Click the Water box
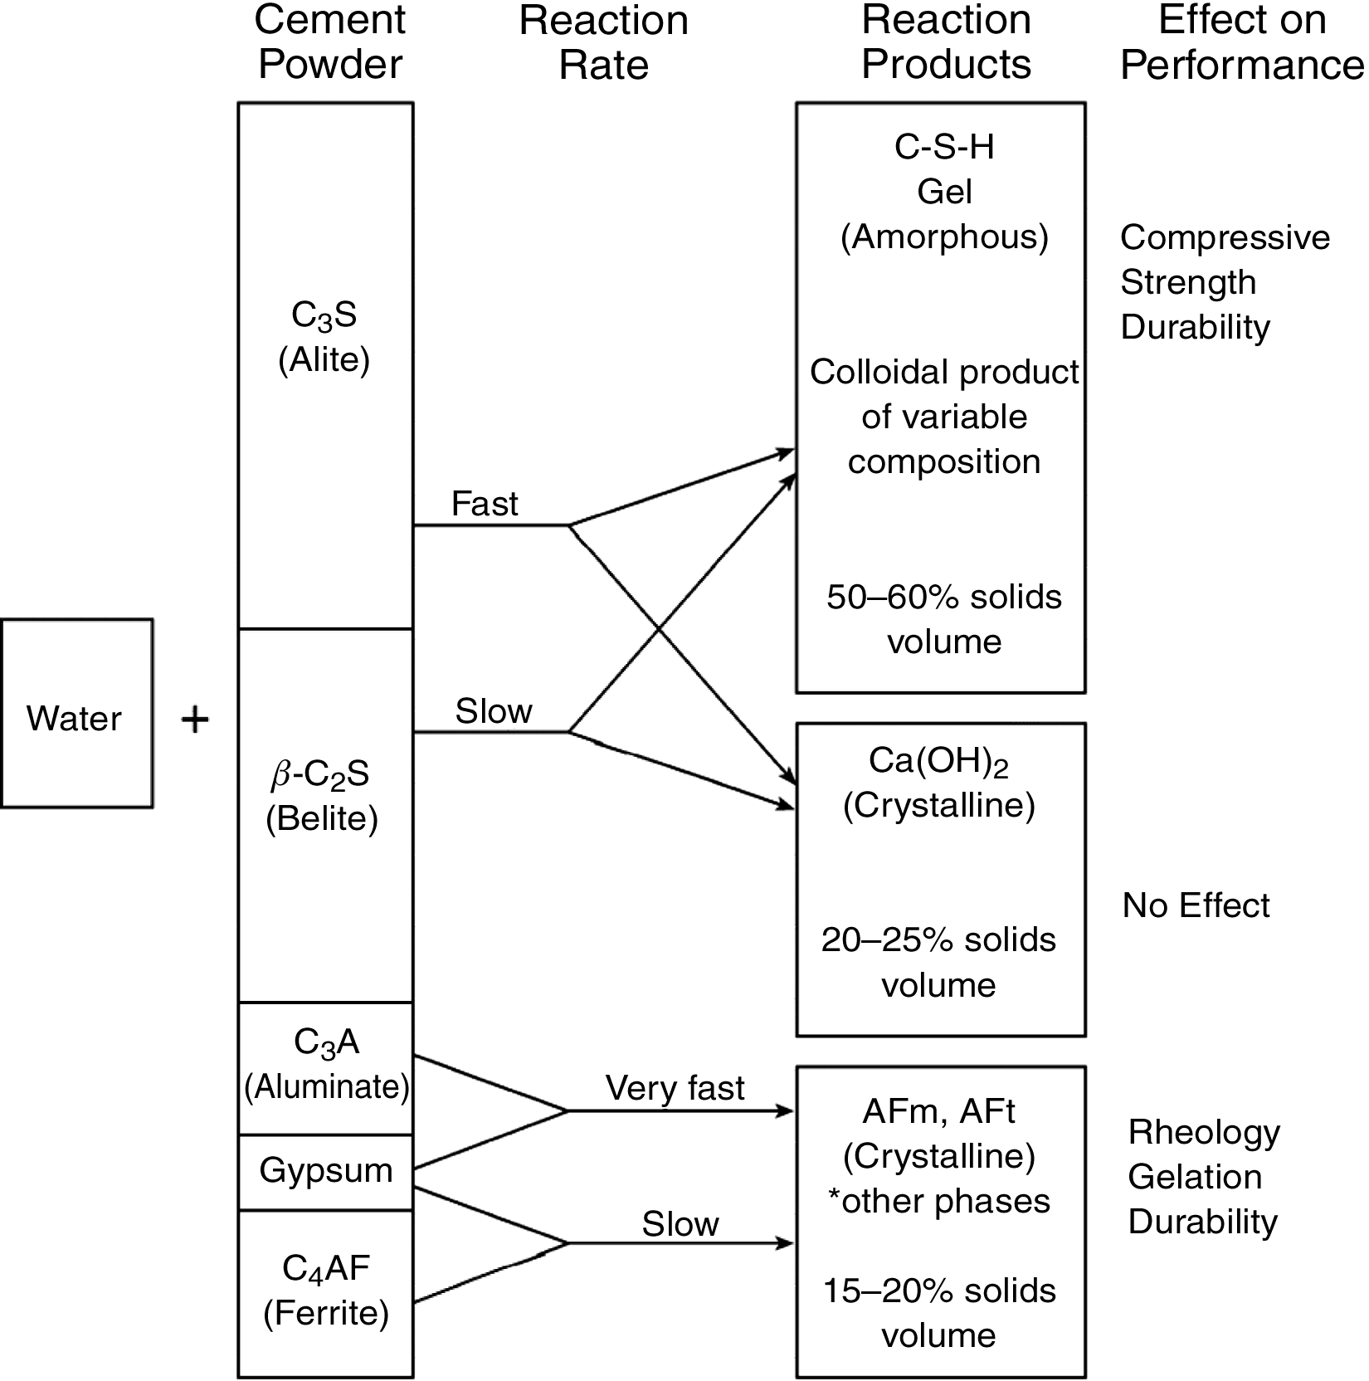coord(76,714)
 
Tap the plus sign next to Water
coord(195,720)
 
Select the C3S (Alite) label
coord(324,338)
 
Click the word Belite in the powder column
coord(322,819)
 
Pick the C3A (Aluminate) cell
coord(326,1066)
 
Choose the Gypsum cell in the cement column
coord(325,1171)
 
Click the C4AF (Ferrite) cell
coord(326,1291)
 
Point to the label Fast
coord(485,504)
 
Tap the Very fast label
coord(675,1088)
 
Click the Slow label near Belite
coord(493,711)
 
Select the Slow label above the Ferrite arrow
coord(680,1224)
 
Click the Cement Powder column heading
coord(329,42)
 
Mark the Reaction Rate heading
coord(603,42)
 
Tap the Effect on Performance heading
coord(1241,42)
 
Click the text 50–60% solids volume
coord(944,619)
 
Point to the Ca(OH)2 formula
coord(938,761)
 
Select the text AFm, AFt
coord(938,1111)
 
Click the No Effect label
coord(1196,905)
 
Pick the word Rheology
coord(1204,1133)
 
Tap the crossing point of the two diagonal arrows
coord(660,629)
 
